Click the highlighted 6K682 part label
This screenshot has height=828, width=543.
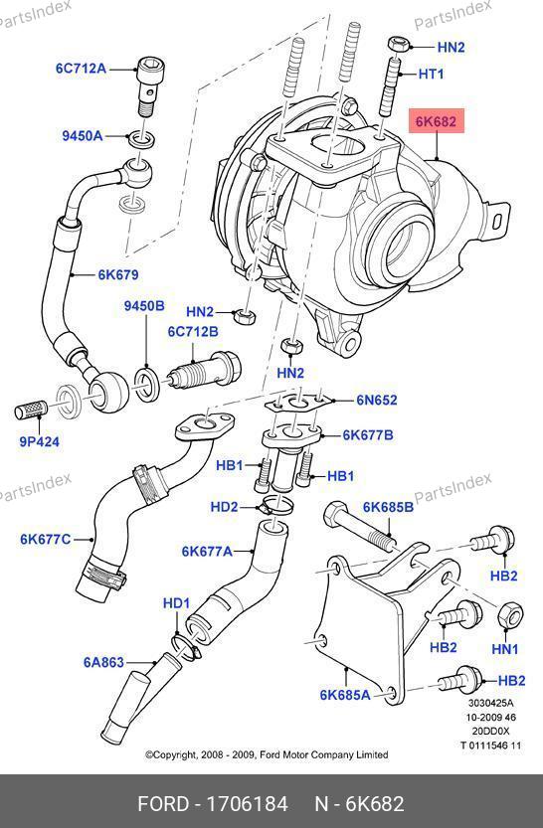tap(436, 121)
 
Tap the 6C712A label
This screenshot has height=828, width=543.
tap(81, 69)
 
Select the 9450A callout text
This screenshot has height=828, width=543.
tap(82, 136)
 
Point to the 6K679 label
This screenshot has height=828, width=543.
tap(118, 274)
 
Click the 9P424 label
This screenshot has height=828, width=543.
tap(39, 441)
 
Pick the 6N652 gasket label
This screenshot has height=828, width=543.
tap(377, 400)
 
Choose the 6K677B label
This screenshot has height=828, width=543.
tap(368, 435)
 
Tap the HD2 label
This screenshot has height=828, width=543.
tap(224, 507)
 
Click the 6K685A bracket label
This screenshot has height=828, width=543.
tap(345, 695)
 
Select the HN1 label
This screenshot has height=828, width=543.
tap(504, 648)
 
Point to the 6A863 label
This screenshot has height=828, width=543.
tap(103, 662)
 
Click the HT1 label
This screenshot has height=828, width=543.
tap(431, 74)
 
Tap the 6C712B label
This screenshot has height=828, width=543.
tap(193, 332)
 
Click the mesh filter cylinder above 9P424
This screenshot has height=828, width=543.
tap(31, 410)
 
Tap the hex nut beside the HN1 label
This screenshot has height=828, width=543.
tap(510, 615)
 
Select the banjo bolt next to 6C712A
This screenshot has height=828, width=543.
tap(146, 86)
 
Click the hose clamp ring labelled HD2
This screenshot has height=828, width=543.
tap(274, 505)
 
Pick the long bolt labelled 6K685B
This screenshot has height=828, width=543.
tap(362, 527)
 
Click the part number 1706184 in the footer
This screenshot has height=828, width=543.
tap(248, 804)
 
